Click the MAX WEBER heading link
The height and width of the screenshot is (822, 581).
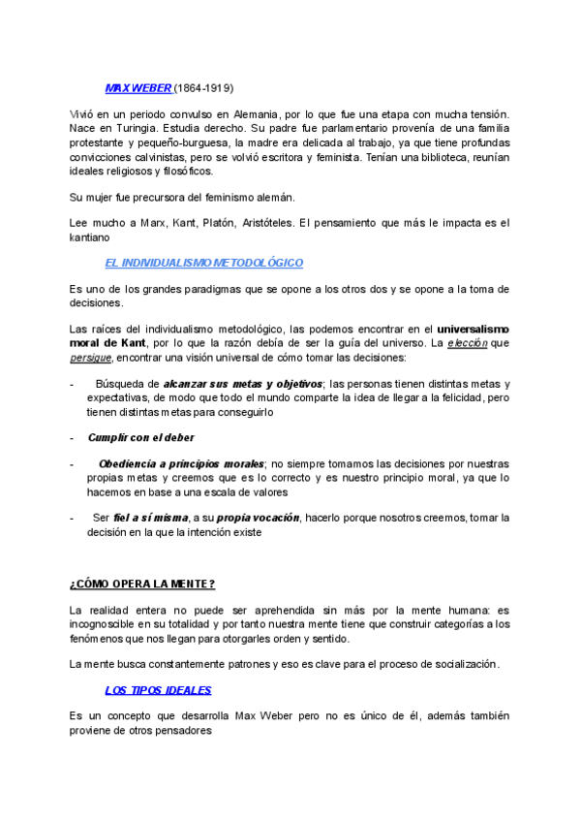[138, 88]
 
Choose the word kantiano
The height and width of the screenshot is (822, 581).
[95, 237]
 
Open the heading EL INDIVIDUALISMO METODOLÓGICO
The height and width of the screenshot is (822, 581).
[203, 263]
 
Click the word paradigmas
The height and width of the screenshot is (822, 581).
[214, 289]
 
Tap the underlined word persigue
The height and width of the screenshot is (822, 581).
[92, 357]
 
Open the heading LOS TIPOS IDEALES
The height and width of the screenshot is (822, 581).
[158, 689]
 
